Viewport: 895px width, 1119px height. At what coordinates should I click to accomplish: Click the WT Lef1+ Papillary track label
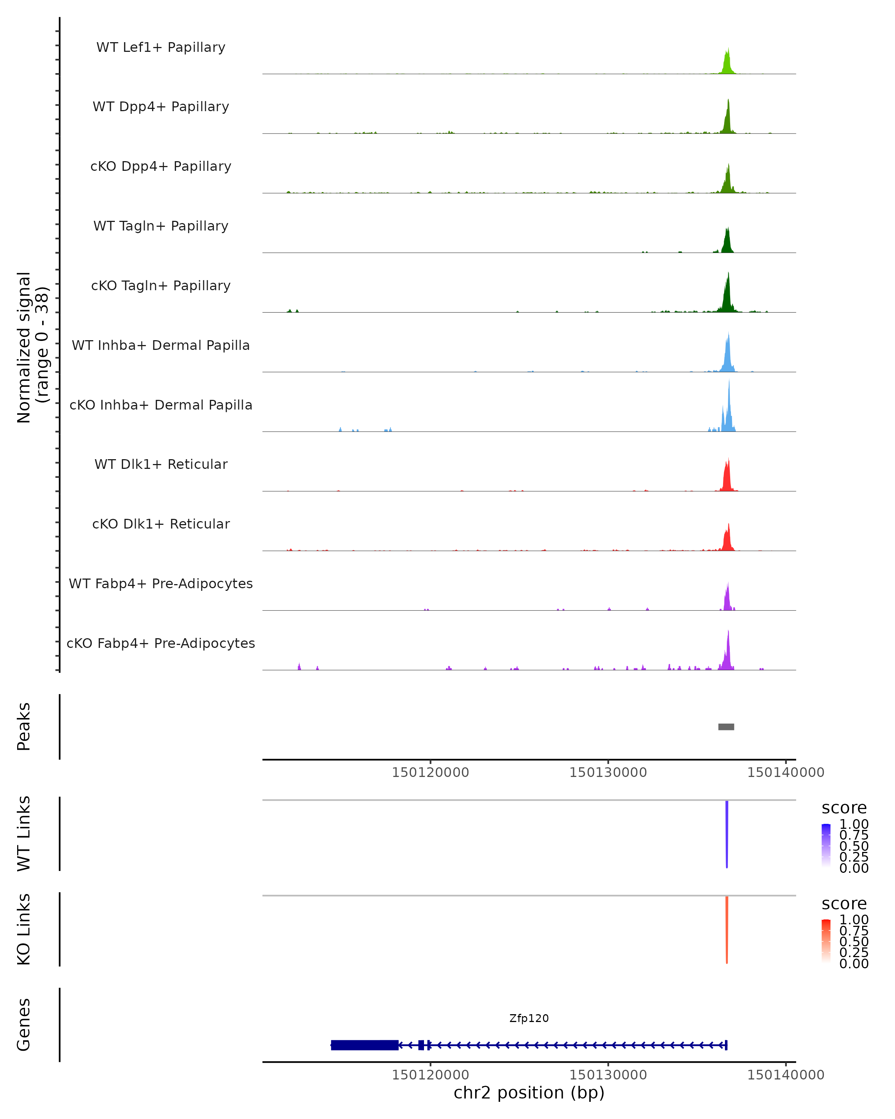161,47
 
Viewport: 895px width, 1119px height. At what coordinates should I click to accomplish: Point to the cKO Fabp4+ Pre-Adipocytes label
161,643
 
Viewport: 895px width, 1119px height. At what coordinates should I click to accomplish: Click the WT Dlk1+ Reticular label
161,464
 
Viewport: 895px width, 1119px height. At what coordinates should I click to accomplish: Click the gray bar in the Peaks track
726,727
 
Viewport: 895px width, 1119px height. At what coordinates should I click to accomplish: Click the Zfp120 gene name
529,1018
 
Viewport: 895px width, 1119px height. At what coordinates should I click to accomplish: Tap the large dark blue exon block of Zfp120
365,1045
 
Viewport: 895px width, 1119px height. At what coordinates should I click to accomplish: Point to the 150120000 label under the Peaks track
430,772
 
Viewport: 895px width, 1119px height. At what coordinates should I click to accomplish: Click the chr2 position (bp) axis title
529,1093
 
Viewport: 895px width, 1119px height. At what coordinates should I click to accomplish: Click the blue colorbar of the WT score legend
826,844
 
